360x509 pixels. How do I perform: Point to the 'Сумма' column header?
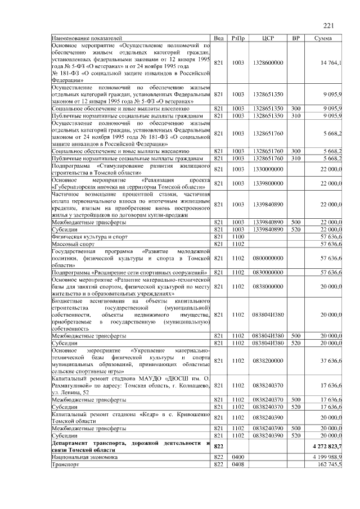pos(323,38)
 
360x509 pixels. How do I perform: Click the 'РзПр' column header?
pos(238,38)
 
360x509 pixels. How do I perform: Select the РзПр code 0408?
pos(238,465)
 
